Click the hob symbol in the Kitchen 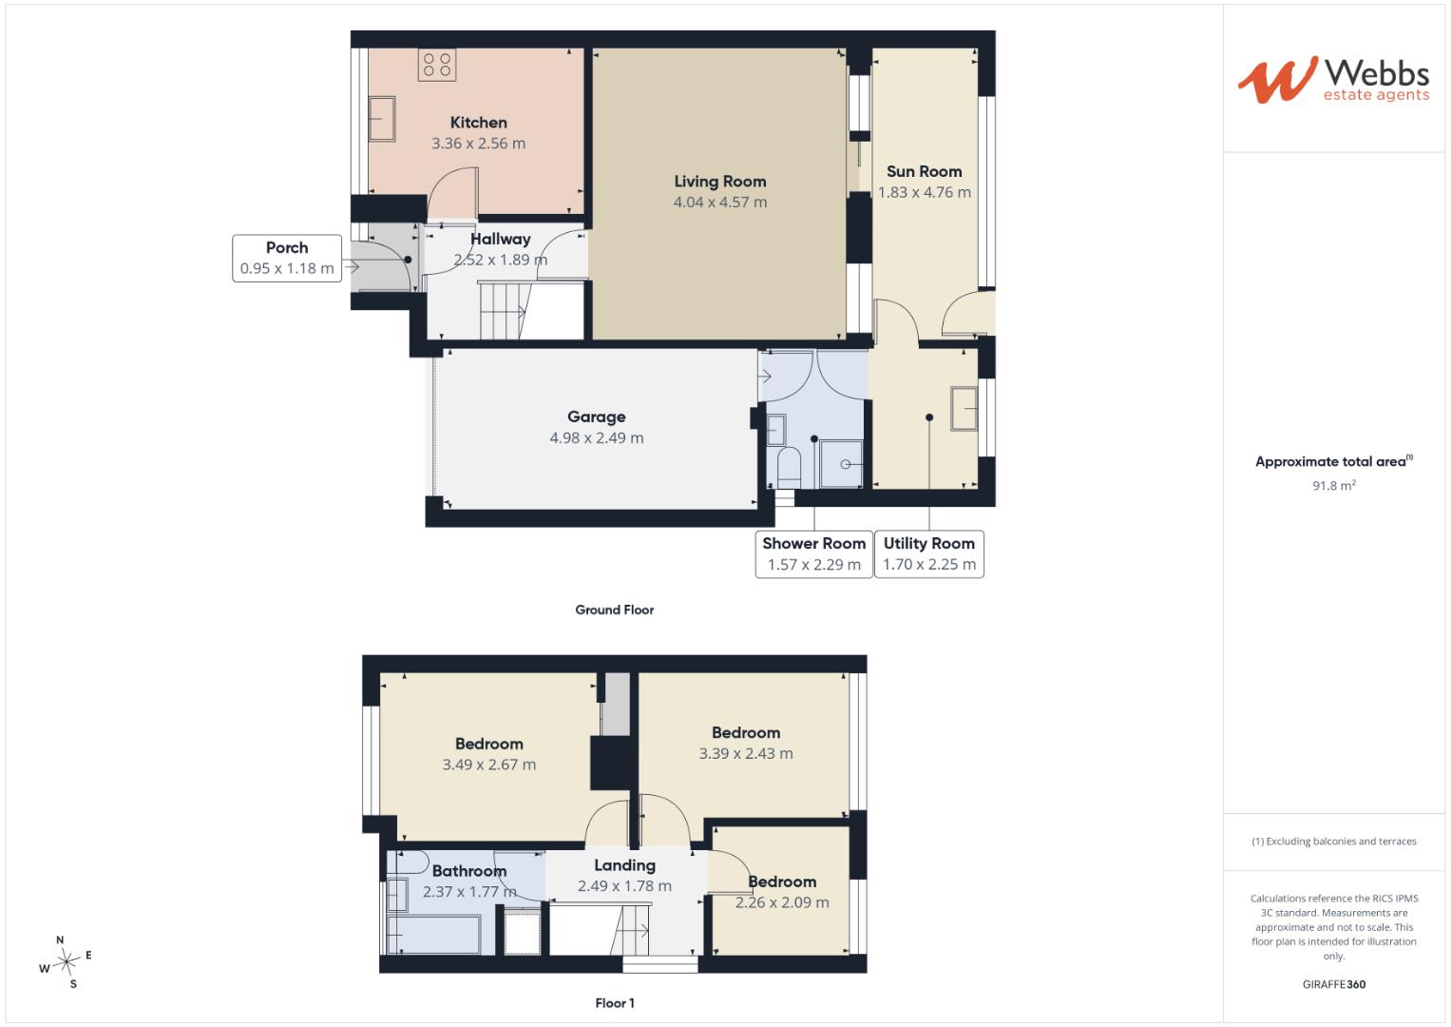(437, 65)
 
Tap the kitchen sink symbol (382, 119)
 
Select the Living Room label (719, 182)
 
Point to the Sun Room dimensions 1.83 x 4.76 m (925, 192)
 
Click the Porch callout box (287, 258)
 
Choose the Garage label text (597, 417)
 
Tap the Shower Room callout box (814, 554)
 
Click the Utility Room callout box (929, 554)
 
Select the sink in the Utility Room (964, 409)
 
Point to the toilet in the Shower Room (789, 467)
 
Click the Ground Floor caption (615, 610)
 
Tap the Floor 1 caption (615, 1003)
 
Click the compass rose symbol (67, 961)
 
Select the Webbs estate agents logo (1334, 80)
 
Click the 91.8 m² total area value (1334, 486)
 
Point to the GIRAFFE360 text (1334, 984)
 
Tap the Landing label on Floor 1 (625, 865)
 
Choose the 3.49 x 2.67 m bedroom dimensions (489, 765)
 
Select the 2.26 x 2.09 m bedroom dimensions (782, 902)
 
